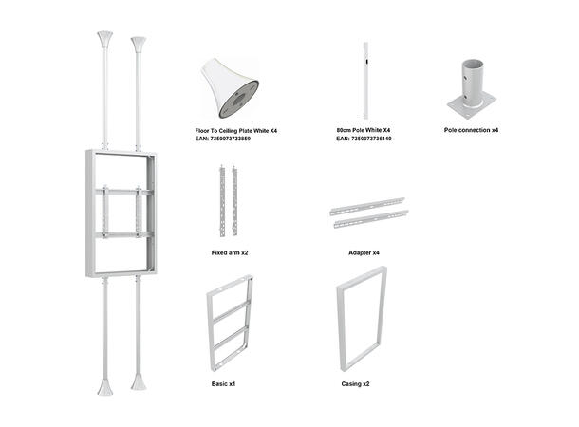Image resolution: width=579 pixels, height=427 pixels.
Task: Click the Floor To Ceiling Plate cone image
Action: pos(231,86)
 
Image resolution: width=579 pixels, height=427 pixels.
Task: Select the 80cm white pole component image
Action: pos(364,80)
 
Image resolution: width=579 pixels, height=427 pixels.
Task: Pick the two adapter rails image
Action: pos(367,213)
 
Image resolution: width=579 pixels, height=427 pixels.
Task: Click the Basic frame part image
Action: pos(229,323)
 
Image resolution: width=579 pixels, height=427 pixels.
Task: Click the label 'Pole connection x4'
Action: pos(471,129)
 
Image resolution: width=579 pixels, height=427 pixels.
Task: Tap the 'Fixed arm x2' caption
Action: pos(230,253)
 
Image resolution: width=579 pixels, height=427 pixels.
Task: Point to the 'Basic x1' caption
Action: pos(224,384)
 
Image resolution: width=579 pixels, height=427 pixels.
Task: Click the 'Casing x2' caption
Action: pos(356,384)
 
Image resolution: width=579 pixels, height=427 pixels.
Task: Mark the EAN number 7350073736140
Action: pos(364,139)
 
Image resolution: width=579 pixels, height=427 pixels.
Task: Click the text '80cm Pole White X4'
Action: pos(364,129)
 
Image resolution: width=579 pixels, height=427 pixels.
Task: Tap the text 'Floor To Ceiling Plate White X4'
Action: pos(235,129)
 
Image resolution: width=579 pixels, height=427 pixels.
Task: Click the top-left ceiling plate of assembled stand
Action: pos(104,41)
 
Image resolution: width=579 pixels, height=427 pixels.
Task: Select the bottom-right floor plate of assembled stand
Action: pos(139,382)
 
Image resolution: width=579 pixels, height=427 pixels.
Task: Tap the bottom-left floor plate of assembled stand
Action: pos(104,387)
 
